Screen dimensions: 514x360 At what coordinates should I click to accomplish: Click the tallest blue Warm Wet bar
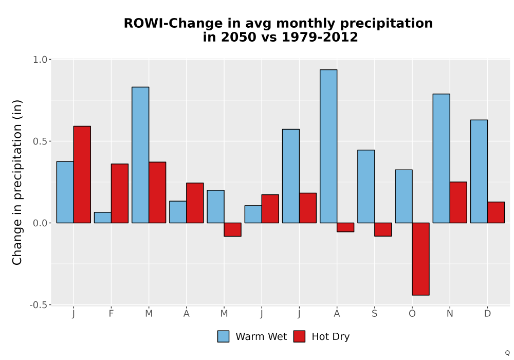tap(328, 146)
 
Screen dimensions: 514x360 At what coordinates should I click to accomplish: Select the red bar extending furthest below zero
tap(420, 259)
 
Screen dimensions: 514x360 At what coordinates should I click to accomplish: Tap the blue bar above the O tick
tap(403, 196)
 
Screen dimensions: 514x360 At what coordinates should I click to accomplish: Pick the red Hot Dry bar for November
tap(458, 202)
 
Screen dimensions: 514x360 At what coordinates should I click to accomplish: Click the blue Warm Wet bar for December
tap(479, 171)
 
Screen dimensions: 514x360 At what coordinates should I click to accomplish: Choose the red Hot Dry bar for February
tap(120, 193)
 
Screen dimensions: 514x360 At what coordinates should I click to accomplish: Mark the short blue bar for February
tap(103, 218)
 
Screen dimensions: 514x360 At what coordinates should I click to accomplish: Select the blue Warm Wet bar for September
tap(366, 187)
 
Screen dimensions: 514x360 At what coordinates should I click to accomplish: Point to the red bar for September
tap(383, 229)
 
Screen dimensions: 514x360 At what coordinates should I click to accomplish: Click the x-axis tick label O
tap(412, 314)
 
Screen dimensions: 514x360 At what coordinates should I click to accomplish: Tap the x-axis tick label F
tap(111, 314)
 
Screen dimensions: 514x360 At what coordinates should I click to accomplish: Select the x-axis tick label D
tap(487, 314)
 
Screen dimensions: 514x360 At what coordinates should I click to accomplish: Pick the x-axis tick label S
tap(374, 314)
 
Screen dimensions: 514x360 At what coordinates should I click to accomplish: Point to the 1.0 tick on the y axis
tap(40, 59)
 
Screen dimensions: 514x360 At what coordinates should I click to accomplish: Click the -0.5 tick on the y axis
tap(39, 305)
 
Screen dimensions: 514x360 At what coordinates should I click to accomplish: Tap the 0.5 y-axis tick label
tap(40, 141)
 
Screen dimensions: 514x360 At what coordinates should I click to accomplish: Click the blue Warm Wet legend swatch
tap(223, 336)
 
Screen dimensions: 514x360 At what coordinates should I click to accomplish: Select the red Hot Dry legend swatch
tap(299, 336)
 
